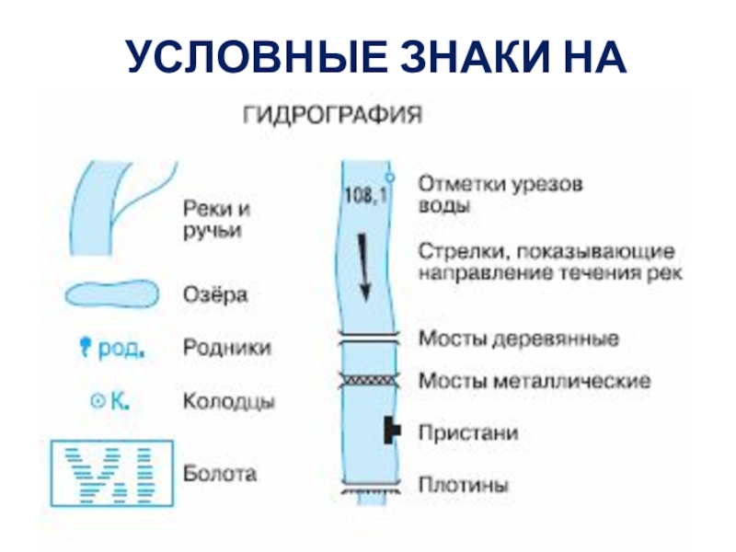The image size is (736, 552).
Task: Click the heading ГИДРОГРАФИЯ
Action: [332, 116]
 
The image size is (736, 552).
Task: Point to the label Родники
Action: [227, 348]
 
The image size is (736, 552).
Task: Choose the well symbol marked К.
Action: [96, 401]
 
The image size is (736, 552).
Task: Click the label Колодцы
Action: [229, 402]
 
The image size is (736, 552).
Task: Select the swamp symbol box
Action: [110, 475]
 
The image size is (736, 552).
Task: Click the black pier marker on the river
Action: [393, 429]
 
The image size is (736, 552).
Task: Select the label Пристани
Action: [468, 431]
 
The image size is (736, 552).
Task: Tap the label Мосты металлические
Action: [535, 379]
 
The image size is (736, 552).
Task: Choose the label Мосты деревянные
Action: [519, 339]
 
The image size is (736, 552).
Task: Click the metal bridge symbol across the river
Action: [367, 378]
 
